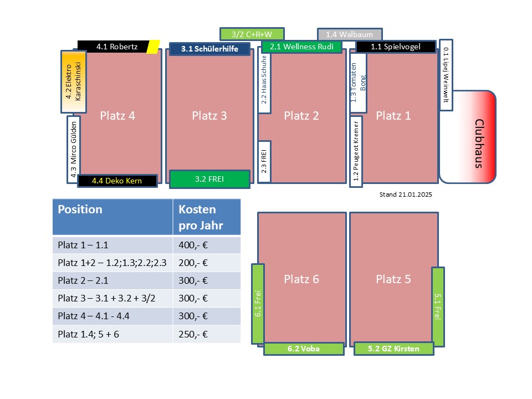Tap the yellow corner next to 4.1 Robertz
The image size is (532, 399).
[154, 47]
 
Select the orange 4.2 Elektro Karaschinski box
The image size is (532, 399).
[74, 82]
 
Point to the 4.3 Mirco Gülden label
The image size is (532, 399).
[74, 149]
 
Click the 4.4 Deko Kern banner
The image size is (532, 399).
[117, 181]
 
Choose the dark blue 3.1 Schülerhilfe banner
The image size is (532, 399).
[209, 49]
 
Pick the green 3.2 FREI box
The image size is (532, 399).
[209, 179]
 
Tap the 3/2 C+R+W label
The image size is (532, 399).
[252, 34]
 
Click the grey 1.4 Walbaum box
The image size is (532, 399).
[350, 34]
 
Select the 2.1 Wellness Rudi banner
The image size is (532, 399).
[301, 47]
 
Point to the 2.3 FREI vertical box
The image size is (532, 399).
[264, 161]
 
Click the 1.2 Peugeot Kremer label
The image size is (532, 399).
[356, 151]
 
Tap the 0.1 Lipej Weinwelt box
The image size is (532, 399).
[446, 75]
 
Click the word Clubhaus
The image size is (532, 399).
[479, 143]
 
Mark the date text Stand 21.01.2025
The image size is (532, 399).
[406, 195]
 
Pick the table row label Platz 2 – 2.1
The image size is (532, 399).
[83, 280]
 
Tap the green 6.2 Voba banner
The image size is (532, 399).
[304, 349]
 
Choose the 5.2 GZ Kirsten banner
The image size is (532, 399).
[393, 349]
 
